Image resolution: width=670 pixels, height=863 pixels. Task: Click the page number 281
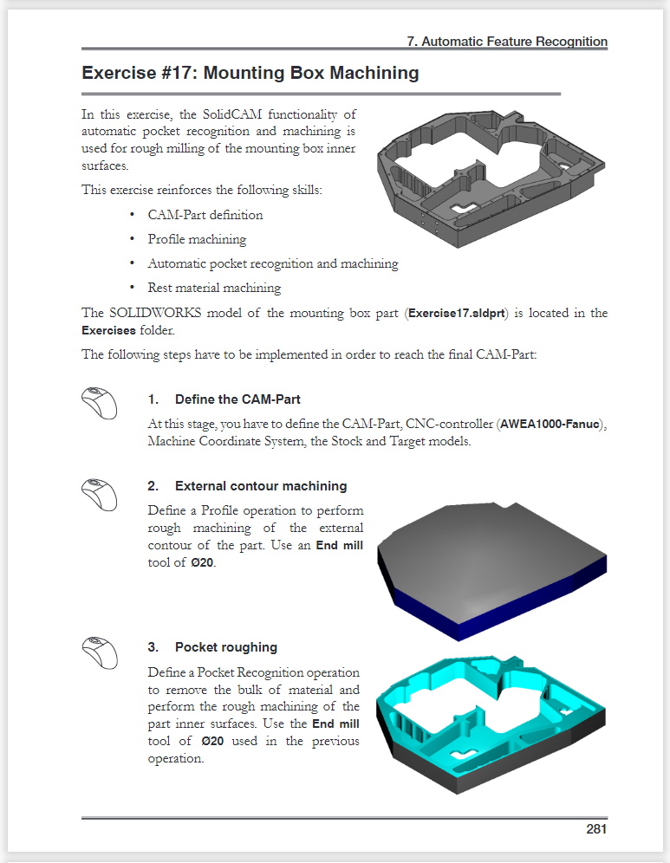595,829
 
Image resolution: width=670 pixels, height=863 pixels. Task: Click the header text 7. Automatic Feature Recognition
506,42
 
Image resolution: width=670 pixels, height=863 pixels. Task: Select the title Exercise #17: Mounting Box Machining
250,73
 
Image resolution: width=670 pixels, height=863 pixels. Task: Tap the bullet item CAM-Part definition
205,215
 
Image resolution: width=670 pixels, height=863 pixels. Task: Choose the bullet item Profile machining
197,239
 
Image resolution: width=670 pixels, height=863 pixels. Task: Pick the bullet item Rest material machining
214,288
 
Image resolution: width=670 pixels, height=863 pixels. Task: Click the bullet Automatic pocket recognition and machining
272,263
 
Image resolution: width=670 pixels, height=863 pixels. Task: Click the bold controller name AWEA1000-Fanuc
550,425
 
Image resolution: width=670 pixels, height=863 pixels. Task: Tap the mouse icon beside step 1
99,402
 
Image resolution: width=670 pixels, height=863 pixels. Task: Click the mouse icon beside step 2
99,495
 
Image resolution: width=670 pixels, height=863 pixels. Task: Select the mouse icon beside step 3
99,654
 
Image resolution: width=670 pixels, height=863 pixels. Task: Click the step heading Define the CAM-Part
237,399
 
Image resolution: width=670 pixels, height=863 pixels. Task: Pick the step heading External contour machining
260,486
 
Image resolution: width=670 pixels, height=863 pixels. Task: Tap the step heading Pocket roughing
225,647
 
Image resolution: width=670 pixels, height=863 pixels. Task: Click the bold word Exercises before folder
108,330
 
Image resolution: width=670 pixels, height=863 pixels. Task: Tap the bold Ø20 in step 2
202,562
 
